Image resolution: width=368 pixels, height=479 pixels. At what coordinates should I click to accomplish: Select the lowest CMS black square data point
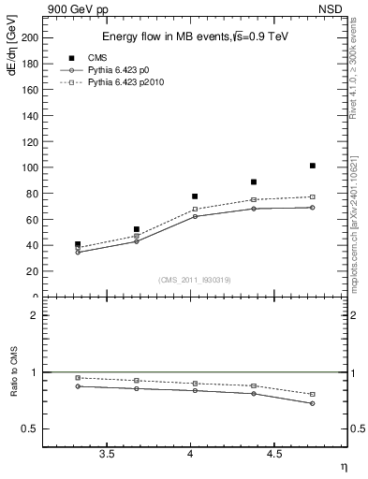[x=78, y=244]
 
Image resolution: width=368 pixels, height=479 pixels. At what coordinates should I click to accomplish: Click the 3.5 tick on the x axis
[x=107, y=455]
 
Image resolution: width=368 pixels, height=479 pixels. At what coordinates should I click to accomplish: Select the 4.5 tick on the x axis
[x=274, y=455]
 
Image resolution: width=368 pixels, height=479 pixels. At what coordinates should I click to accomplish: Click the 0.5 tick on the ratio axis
[x=29, y=429]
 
